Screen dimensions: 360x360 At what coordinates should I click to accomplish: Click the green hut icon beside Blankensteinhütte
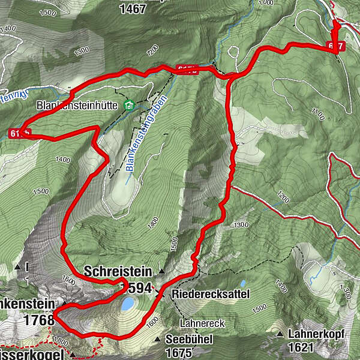[x=128, y=106]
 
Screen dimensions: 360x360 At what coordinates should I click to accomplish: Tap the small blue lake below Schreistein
[x=128, y=304]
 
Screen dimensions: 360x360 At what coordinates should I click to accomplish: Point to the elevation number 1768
[x=40, y=320]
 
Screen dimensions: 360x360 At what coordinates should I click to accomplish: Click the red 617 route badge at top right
[x=337, y=46]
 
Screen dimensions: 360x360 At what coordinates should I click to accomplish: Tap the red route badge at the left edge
[x=18, y=133]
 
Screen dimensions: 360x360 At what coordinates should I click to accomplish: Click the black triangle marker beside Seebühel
[x=158, y=340]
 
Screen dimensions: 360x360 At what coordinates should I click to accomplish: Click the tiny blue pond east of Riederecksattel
[x=242, y=283]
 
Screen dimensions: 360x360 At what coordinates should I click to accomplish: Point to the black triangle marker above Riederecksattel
[x=162, y=271]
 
